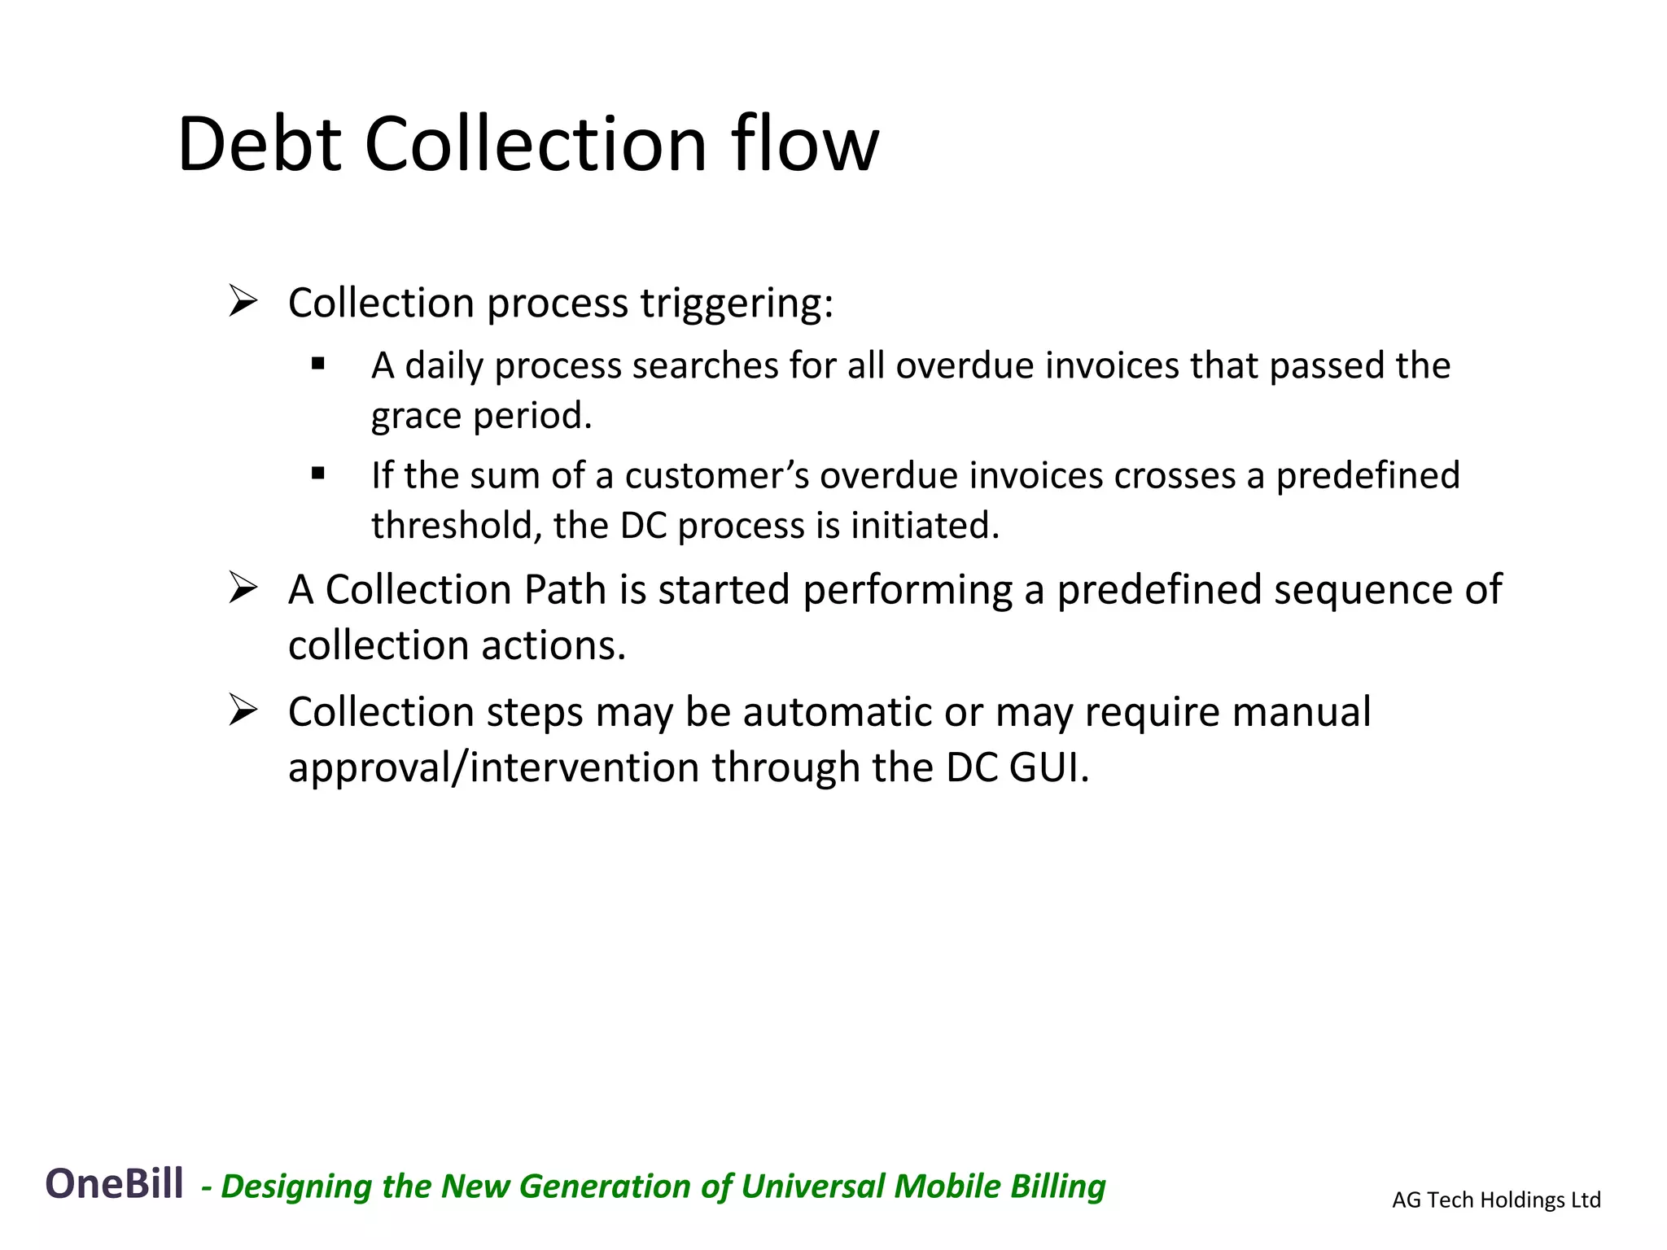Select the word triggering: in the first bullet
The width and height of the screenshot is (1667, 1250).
click(x=737, y=304)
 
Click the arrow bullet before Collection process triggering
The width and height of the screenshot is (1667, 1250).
click(x=243, y=301)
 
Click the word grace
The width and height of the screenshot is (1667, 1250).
click(x=416, y=416)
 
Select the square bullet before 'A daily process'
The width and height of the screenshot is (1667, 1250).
click(x=318, y=364)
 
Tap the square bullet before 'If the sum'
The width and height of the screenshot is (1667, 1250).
click(x=318, y=474)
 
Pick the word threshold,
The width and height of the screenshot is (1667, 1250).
click(x=457, y=526)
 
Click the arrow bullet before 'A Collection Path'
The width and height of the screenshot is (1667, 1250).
click(x=243, y=588)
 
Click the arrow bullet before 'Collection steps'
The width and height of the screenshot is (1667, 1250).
click(x=243, y=710)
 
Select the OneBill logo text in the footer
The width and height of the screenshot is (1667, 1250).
click(x=114, y=1183)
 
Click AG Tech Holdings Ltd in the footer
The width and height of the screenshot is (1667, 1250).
click(x=1496, y=1200)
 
